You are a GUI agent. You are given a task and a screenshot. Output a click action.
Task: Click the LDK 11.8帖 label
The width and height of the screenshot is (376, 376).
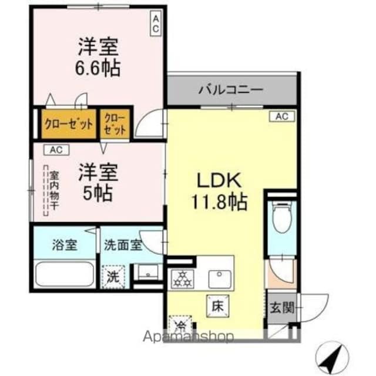click(x=217, y=191)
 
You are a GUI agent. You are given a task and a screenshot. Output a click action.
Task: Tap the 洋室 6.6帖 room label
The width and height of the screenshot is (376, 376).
click(x=99, y=57)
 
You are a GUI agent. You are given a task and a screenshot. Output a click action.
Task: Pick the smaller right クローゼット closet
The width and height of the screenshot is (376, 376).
click(x=115, y=123)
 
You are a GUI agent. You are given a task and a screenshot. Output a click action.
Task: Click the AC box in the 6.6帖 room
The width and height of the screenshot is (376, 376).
click(x=156, y=24)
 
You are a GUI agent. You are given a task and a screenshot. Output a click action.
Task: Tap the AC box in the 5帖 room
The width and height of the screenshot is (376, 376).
click(x=56, y=149)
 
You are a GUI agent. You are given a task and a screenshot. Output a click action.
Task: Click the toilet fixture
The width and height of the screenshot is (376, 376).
click(x=282, y=217)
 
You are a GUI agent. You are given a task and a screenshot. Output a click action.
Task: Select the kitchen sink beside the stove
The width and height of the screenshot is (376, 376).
click(x=221, y=276)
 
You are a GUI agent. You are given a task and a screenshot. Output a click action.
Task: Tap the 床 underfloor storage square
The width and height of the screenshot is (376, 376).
click(x=216, y=305)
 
